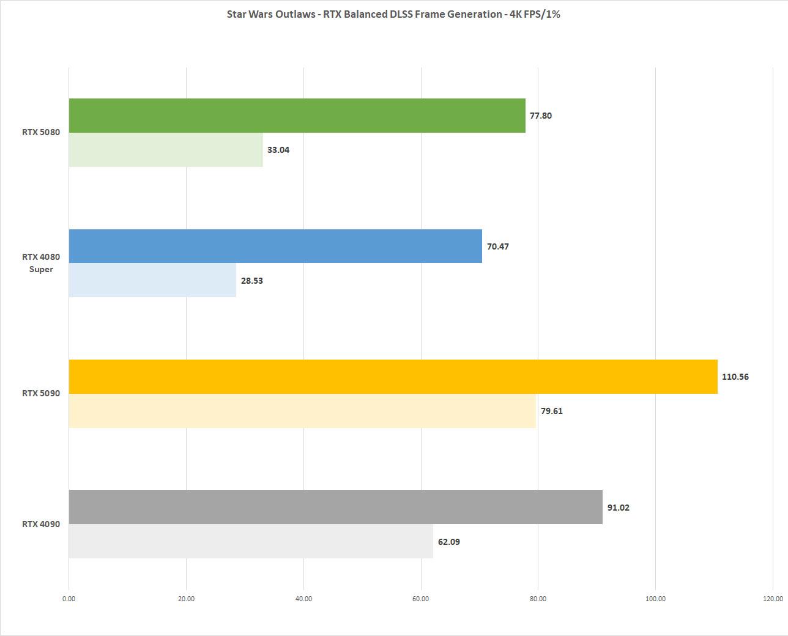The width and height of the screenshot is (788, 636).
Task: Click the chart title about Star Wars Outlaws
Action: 393,14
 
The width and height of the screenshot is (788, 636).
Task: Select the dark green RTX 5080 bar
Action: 297,116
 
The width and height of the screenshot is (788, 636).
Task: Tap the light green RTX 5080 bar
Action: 166,150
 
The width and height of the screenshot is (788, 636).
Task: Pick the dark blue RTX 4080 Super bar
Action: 275,246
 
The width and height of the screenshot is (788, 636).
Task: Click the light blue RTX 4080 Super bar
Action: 152,281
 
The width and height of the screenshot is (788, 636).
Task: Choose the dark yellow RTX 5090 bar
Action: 393,377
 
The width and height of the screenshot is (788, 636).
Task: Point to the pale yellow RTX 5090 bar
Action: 302,411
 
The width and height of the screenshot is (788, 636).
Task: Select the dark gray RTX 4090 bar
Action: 335,507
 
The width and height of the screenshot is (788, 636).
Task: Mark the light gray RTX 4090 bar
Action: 251,541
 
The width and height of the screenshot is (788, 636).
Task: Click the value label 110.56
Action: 735,377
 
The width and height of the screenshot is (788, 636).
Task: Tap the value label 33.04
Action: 278,150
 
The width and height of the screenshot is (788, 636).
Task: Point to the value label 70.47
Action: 497,246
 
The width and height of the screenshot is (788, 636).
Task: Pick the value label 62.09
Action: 448,542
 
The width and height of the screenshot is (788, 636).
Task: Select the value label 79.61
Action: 551,411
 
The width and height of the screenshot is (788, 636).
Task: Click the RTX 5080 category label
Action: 41,132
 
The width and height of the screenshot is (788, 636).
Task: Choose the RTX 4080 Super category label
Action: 41,263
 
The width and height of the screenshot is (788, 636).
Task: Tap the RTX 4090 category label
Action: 41,524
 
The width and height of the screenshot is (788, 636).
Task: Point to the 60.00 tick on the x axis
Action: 421,599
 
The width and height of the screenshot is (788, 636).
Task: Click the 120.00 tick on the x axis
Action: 772,599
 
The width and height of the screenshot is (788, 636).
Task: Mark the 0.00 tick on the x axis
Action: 69,599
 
